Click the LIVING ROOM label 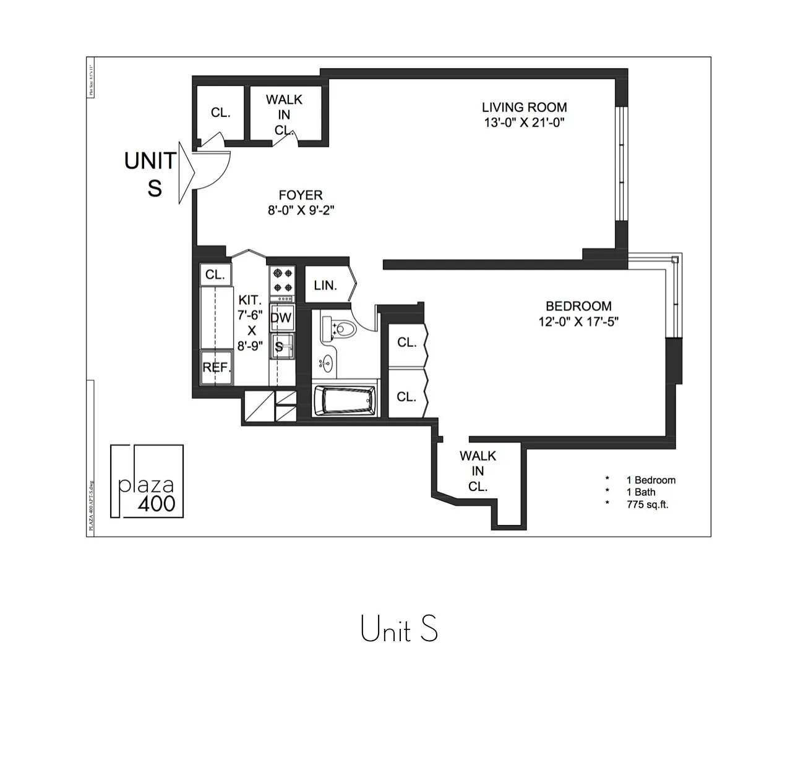click(524, 107)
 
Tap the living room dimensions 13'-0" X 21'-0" click(524, 122)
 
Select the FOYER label click(301, 195)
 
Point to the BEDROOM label click(578, 306)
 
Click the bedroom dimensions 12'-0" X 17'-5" click(578, 322)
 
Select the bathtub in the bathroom click(345, 401)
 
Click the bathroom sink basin click(326, 364)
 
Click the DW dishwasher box click(281, 318)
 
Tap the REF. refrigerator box click(216, 367)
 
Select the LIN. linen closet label click(325, 286)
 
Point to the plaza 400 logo click(147, 481)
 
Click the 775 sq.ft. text click(647, 505)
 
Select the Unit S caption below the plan click(399, 629)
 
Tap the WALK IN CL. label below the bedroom click(478, 471)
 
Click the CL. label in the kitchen click(215, 275)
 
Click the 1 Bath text click(641, 492)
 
